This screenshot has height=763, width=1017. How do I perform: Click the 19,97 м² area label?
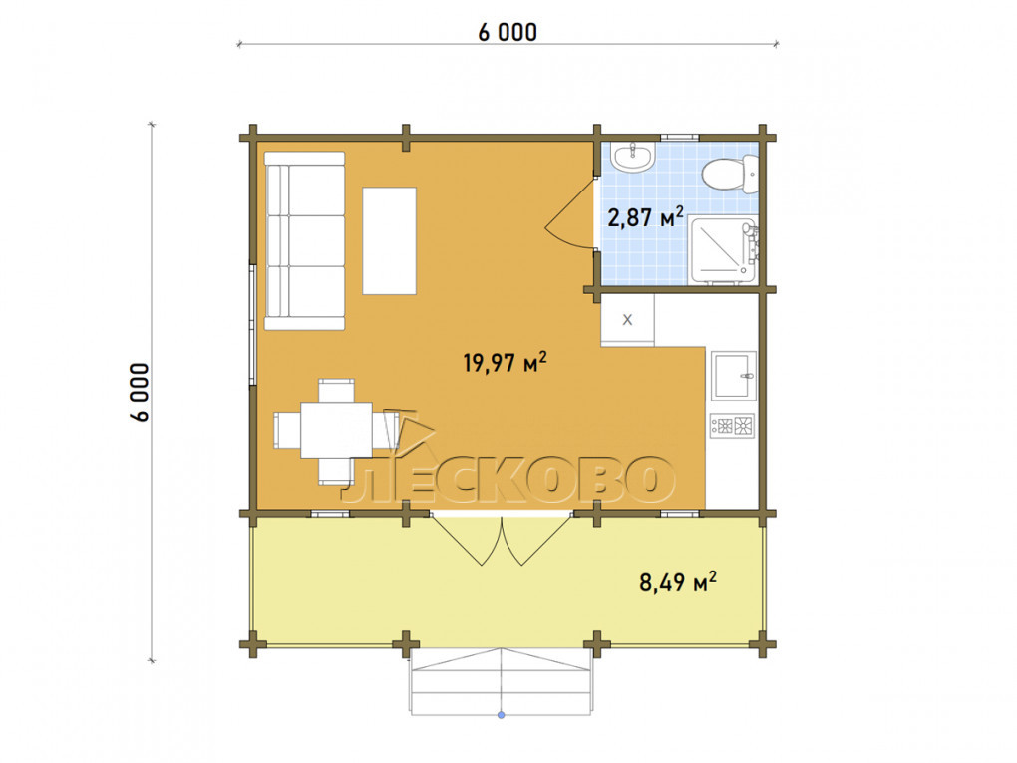505,362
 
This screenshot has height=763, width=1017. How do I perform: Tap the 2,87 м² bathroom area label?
645,216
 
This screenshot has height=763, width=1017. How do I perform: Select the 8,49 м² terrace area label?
678,582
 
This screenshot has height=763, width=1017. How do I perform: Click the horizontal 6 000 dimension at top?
508,32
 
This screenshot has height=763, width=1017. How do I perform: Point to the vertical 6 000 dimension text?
140,392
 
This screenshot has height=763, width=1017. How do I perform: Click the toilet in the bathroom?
730,174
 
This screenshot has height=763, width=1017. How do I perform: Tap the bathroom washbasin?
632,157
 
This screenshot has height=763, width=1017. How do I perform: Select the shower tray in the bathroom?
723,250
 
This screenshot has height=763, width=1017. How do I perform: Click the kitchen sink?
734,375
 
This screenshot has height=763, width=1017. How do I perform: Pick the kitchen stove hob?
733,426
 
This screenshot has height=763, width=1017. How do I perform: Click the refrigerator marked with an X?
627,320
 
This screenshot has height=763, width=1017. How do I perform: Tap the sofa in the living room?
304,240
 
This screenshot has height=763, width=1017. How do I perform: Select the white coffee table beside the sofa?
389,240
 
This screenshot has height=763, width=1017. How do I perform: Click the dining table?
336,430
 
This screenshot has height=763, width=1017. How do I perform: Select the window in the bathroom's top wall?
680,137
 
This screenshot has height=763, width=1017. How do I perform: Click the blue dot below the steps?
501,715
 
